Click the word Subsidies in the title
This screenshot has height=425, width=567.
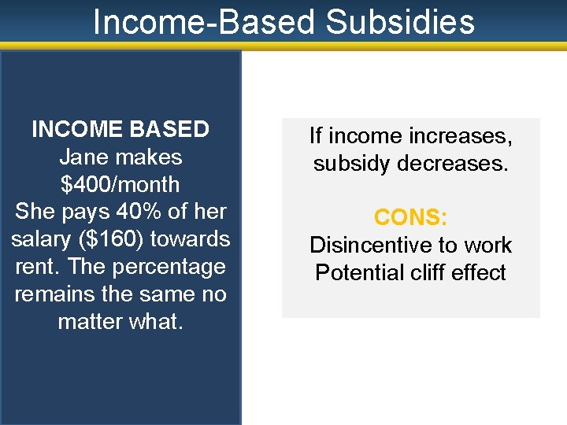pos(400,22)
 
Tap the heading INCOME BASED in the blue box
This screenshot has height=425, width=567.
pos(120,129)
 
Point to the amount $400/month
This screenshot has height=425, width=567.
pos(120,184)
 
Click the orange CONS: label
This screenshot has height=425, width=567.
pos(410,217)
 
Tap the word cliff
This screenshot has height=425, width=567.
pos(439,272)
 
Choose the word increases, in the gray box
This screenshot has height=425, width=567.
pos(460,136)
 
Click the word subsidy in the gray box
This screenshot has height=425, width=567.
pos(349,164)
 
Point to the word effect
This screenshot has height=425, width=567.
pos(486,272)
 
